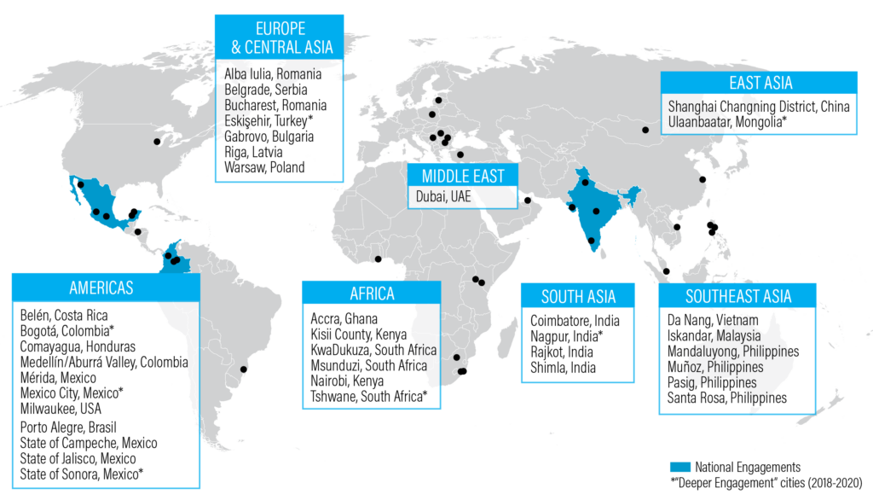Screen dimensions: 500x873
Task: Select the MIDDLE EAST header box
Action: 462,177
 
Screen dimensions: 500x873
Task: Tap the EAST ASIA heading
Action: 760,83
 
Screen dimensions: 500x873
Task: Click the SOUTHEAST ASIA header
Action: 738,296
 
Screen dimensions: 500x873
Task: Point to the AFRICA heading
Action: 372,294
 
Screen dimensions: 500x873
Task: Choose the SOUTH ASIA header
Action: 578,297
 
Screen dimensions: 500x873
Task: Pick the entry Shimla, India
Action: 563,368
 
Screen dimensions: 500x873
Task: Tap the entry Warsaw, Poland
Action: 264,167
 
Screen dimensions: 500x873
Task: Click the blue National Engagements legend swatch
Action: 679,467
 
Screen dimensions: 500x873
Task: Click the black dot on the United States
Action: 157,141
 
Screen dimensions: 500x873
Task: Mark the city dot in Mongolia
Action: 645,130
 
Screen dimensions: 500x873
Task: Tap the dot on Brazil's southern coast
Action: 245,369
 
